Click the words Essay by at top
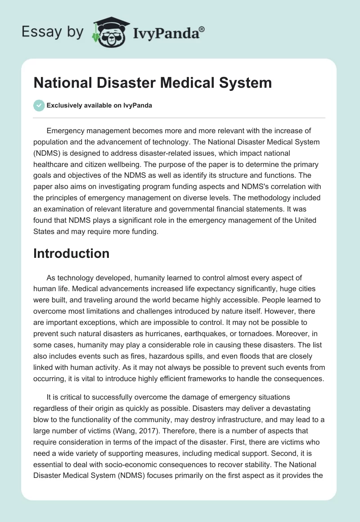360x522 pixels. [52, 32]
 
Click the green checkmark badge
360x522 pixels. [39, 106]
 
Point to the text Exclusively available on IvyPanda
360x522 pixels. [99, 106]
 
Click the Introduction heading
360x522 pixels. [72, 253]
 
